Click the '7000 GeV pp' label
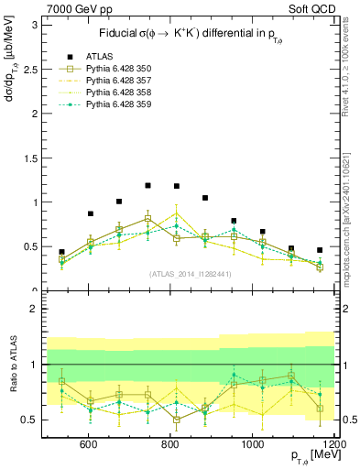click(x=73, y=10)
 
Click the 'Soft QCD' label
click(x=310, y=10)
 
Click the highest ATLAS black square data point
click(x=147, y=185)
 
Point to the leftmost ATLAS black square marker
click(x=61, y=252)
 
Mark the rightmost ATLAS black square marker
click(x=320, y=250)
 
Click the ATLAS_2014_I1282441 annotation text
click(x=190, y=274)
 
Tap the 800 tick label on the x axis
click(x=170, y=444)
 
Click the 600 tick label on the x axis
click(x=89, y=444)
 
